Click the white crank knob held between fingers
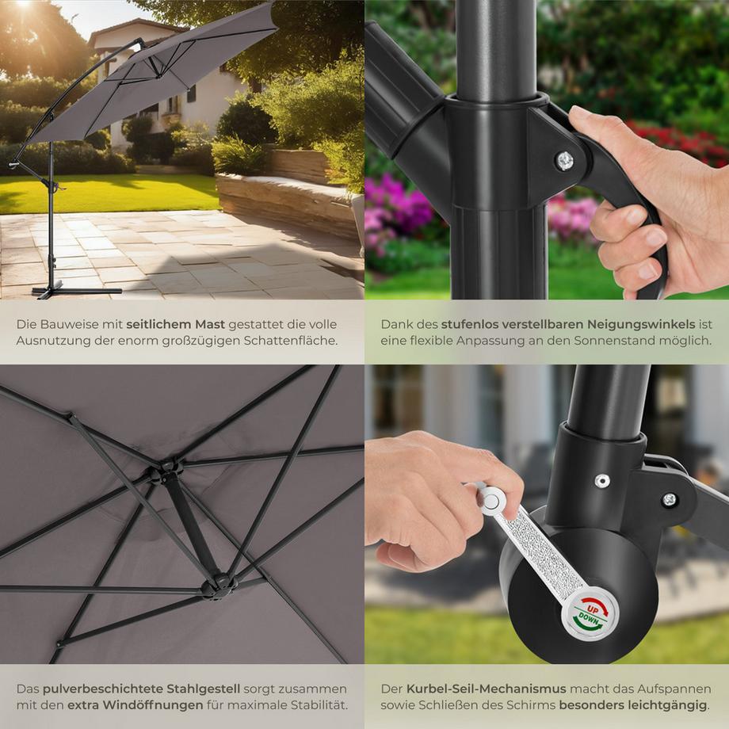tap(491, 499)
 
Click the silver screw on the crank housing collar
tap(602, 480)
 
